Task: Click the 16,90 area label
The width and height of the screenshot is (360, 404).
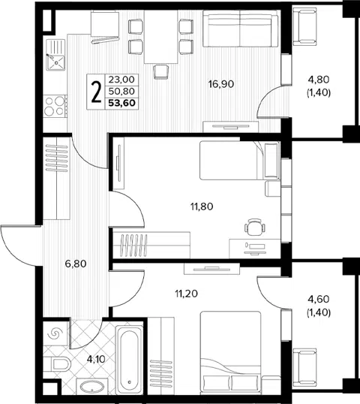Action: click(x=221, y=84)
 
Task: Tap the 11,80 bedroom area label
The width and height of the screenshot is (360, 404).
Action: click(x=202, y=207)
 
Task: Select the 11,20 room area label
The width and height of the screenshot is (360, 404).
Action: click(x=187, y=293)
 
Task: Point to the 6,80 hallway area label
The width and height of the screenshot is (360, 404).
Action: click(x=76, y=264)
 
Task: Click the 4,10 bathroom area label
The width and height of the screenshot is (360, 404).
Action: click(x=96, y=359)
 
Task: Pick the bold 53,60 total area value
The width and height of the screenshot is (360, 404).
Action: click(x=121, y=104)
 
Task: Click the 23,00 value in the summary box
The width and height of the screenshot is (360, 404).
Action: click(x=121, y=80)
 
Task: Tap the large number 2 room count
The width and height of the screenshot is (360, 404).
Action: click(x=96, y=92)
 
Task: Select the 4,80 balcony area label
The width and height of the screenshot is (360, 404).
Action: click(x=319, y=80)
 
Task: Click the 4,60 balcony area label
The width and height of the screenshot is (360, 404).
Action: click(x=319, y=299)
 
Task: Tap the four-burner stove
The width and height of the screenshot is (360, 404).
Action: click(x=55, y=106)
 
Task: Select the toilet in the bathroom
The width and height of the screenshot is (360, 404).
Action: click(x=58, y=364)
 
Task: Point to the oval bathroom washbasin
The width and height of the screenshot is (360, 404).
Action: click(x=91, y=387)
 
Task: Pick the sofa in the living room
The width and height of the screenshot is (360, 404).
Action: click(x=240, y=29)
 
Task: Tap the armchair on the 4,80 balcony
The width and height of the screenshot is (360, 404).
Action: click(x=305, y=26)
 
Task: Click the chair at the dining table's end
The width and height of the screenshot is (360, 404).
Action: click(x=161, y=71)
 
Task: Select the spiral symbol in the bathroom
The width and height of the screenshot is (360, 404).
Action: click(x=55, y=334)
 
